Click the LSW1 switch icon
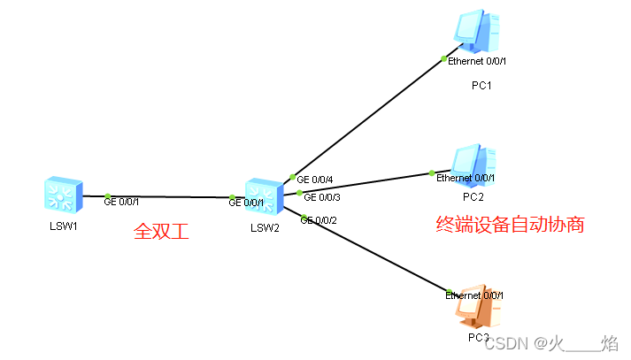click(x=63, y=195)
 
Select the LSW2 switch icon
click(x=263, y=195)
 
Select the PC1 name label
click(x=481, y=86)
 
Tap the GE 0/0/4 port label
click(x=316, y=180)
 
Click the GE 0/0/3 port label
click(x=322, y=196)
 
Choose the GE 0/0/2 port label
click(x=319, y=219)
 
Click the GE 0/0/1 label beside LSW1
click(x=122, y=202)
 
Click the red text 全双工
click(x=163, y=232)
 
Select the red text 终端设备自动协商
click(x=511, y=225)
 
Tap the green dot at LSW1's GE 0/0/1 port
click(x=107, y=196)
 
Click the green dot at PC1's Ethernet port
click(x=444, y=58)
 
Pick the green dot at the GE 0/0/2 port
click(x=304, y=218)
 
